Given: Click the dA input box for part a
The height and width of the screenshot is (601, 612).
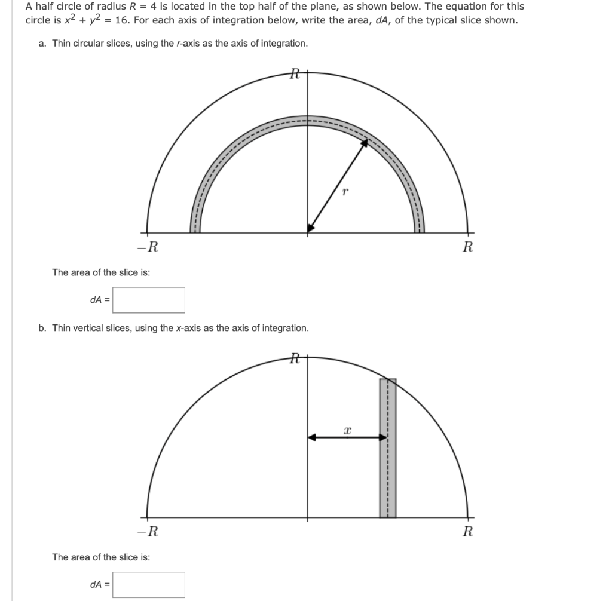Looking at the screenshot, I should click(149, 300).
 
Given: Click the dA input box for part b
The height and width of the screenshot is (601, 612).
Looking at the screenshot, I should click(149, 584).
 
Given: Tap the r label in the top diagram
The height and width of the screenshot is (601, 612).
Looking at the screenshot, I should click(344, 192).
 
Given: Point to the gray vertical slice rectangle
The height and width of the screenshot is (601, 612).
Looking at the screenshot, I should click(387, 448).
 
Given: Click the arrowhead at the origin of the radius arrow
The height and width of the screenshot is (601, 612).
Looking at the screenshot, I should click(310, 228).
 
